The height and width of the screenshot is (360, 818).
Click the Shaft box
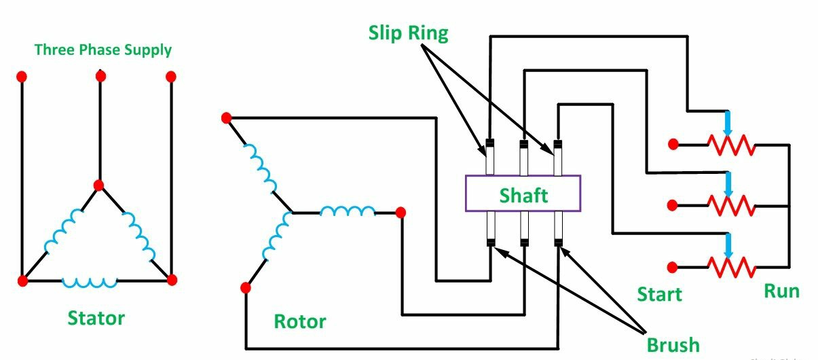[x=522, y=194]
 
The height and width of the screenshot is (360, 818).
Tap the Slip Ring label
[x=408, y=33]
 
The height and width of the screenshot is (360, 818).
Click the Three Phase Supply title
[x=103, y=50]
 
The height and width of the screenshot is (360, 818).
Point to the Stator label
[x=96, y=318]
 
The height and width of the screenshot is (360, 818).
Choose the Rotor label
[x=299, y=321]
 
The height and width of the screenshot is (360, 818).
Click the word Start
[x=659, y=294]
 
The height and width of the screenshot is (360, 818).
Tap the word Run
[x=781, y=291]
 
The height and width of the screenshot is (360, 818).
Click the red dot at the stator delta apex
[x=98, y=185]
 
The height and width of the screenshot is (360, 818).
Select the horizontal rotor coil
[x=347, y=211]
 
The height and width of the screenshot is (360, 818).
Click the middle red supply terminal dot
[x=100, y=76]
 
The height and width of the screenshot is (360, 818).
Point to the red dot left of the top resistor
[x=673, y=144]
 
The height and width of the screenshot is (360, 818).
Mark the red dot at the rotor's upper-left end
[x=227, y=118]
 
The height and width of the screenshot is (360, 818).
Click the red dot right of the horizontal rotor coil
[x=401, y=213]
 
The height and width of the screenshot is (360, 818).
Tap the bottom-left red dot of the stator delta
[x=22, y=280]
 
